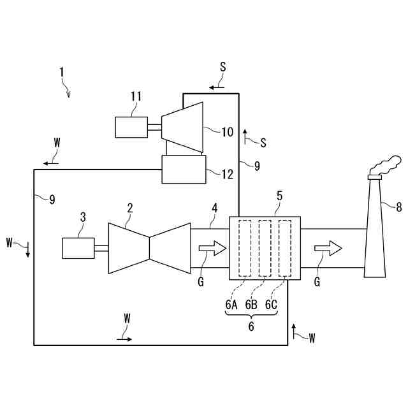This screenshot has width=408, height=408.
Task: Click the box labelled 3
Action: [78, 247]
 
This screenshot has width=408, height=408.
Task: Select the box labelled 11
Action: [131, 127]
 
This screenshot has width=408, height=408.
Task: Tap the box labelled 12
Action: [184, 170]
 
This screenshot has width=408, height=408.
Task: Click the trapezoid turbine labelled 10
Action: [182, 127]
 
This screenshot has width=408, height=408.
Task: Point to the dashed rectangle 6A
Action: [244, 248]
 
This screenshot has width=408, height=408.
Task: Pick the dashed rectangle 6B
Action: [265, 248]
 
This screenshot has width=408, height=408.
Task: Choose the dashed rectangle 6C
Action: [285, 248]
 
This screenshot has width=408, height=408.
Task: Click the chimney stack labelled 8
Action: [374, 229]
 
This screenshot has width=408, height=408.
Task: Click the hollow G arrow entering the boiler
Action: [212, 247]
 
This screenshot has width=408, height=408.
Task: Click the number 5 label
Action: [279, 196]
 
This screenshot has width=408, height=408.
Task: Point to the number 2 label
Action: [130, 208]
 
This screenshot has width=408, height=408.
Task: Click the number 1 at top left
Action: [62, 73]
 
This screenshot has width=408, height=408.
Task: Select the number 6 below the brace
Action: [251, 326]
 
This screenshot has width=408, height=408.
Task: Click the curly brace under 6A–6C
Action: [251, 314]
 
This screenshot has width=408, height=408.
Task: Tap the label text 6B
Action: [251, 304]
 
